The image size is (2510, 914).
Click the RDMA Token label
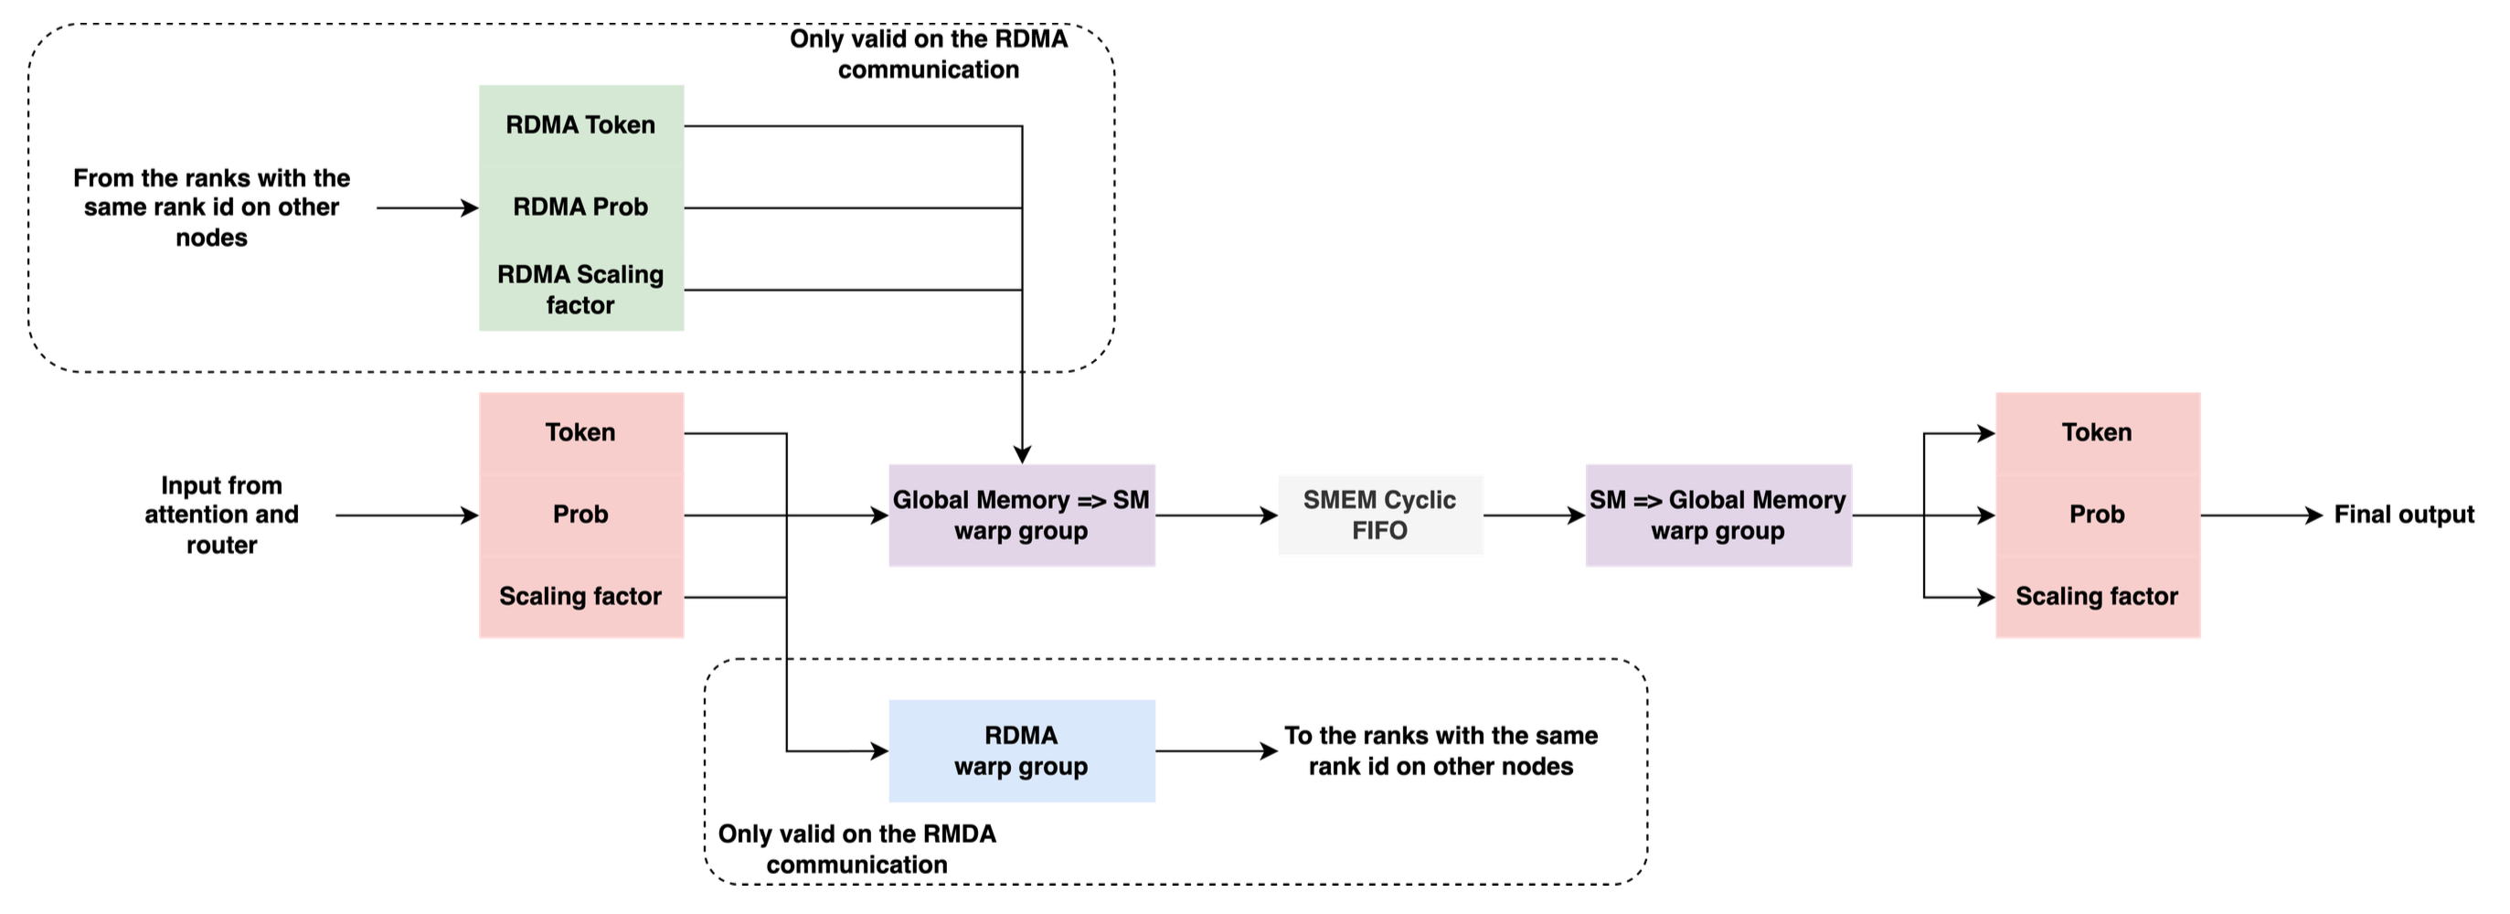point(580,124)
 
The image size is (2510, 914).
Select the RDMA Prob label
point(580,207)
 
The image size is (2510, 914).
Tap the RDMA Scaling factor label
point(580,290)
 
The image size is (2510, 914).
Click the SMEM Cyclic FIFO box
point(1379,515)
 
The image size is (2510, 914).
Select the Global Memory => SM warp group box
point(1021,515)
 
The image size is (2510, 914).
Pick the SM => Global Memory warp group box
point(1718,515)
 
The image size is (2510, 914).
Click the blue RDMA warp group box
point(1021,750)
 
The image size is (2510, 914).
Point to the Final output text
point(2404,515)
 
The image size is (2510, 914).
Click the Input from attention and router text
point(221,515)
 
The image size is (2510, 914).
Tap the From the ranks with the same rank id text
point(211,207)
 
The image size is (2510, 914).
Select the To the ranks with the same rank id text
point(1441,750)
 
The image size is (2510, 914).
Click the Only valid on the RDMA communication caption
point(928,54)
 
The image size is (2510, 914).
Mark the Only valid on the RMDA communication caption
point(856,849)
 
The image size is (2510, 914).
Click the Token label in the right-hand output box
point(2096,432)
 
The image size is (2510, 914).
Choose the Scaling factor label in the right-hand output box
point(2096,596)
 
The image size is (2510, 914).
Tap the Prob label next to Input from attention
point(580,515)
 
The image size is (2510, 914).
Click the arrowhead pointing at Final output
point(2315,515)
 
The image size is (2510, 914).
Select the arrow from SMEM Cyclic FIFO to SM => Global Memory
point(1533,515)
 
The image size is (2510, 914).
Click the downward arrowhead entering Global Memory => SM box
point(1021,454)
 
